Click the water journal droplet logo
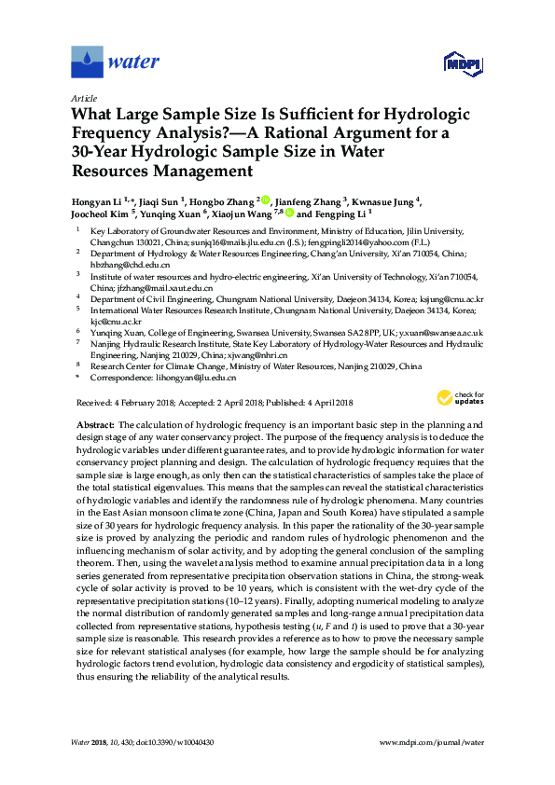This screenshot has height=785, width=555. click(87, 62)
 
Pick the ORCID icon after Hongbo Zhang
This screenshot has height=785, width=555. click(266, 199)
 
